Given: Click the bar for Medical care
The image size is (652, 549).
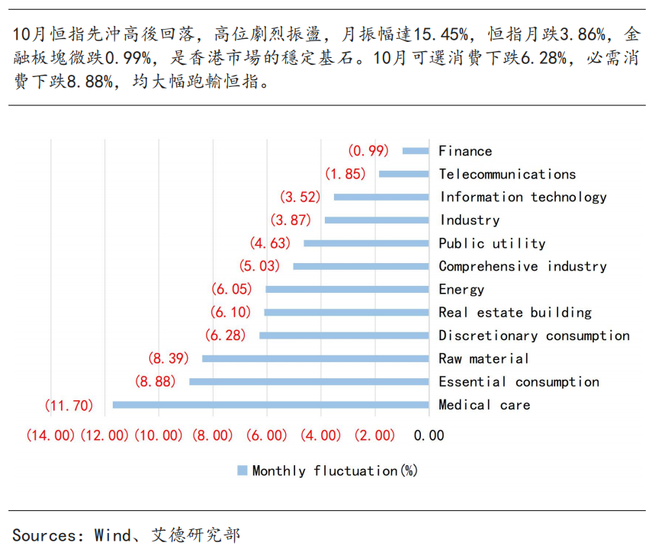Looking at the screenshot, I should (271, 405).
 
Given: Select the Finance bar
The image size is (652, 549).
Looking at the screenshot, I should (416, 151).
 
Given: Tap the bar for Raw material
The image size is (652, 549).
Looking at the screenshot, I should (316, 358).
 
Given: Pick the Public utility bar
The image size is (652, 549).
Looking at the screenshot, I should (366, 243).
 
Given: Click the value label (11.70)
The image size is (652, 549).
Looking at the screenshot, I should (67, 405).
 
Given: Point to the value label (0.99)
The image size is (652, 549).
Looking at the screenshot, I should (368, 151).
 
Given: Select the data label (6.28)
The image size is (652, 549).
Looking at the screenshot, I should (227, 335).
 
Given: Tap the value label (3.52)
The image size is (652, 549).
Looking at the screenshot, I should (300, 197).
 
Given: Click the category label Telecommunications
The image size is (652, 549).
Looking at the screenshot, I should (507, 174).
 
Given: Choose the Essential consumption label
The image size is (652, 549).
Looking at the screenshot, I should (519, 382).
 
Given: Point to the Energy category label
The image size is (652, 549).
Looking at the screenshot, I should (461, 290).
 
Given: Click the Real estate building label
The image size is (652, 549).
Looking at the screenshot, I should (515, 313).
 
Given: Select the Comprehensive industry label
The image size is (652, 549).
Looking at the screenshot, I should (522, 266).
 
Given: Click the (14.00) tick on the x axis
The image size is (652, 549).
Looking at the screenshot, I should (50, 435).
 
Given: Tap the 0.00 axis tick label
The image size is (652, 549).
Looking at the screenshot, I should (429, 435).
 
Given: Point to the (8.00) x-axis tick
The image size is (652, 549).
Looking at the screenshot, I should (213, 435).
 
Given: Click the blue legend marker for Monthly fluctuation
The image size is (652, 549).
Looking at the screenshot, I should (242, 471).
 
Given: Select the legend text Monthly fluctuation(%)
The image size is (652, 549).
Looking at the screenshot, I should (335, 471).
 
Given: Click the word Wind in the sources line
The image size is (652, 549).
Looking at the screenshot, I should (111, 535).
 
